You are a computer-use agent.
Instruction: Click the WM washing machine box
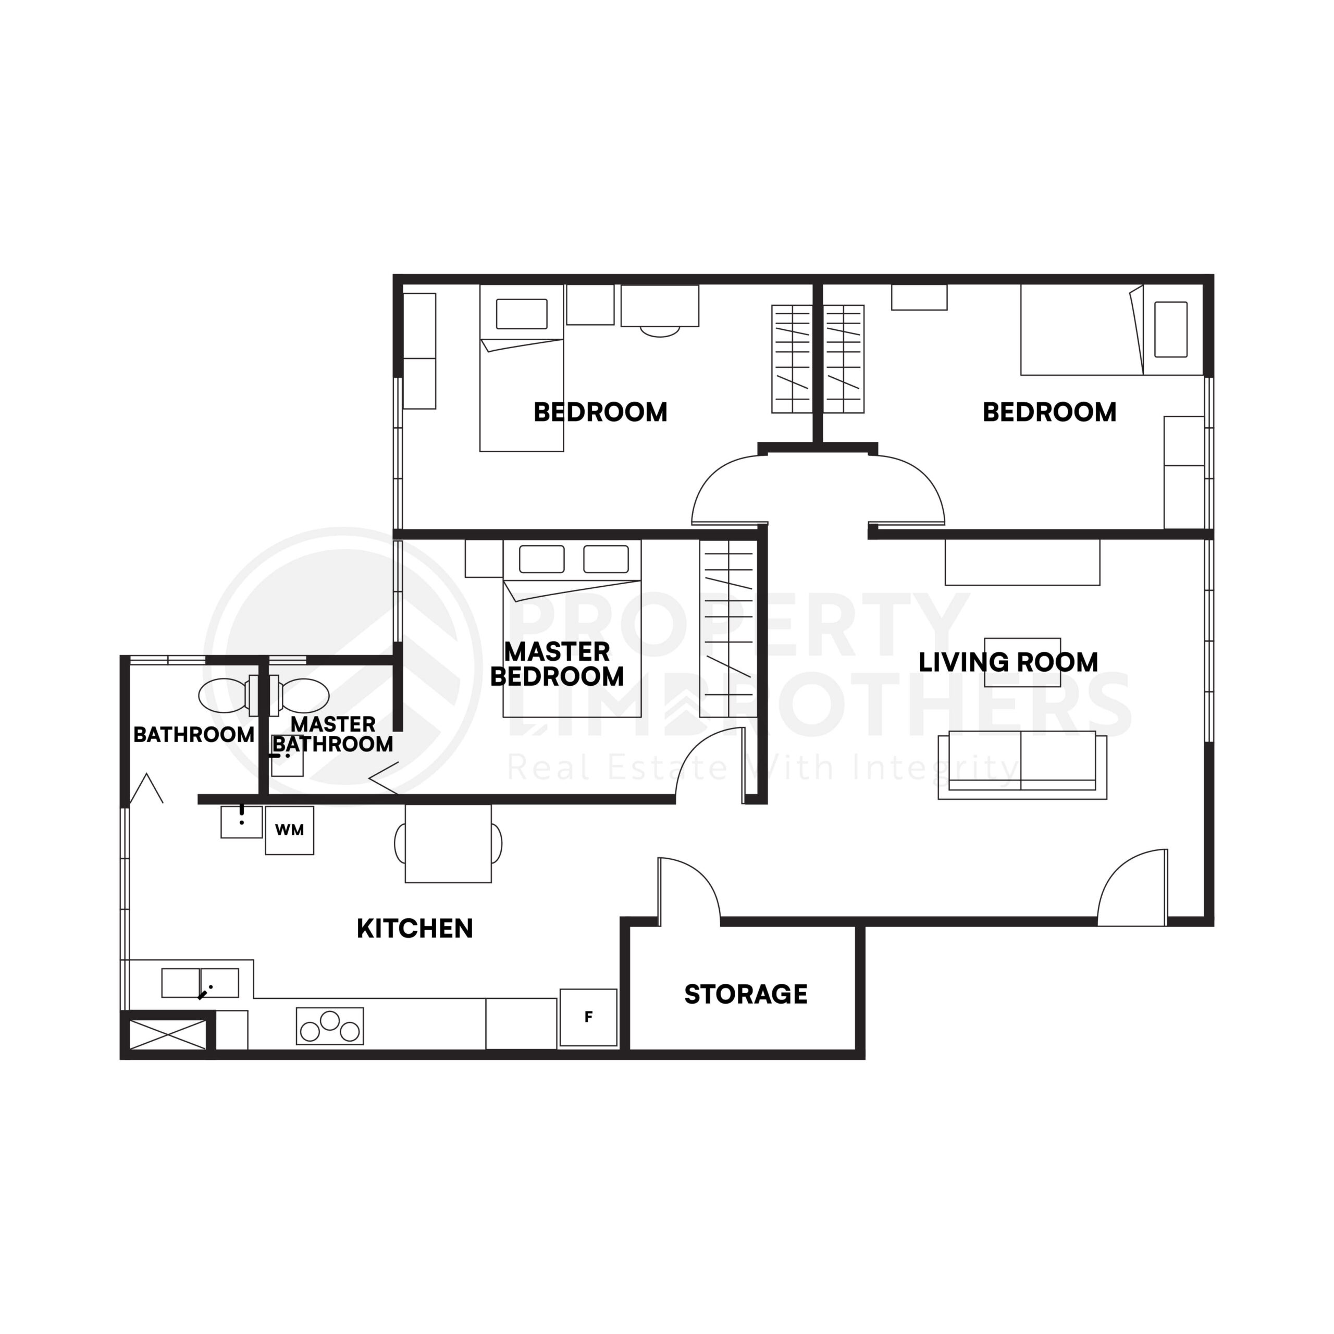(x=289, y=831)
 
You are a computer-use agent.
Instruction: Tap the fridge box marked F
(x=588, y=1017)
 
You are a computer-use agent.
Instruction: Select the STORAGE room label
(x=746, y=994)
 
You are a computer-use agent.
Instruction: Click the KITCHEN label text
(x=415, y=929)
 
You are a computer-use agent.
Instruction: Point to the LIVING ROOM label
(x=1008, y=662)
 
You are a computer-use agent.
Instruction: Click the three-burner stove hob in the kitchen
(x=330, y=1026)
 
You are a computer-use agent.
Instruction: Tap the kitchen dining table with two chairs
(x=448, y=843)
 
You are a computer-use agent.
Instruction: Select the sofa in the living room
(x=1022, y=765)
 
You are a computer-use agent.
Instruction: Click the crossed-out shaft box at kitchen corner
(x=168, y=1034)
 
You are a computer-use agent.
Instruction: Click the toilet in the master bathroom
(x=302, y=695)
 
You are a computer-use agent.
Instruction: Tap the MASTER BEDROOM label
(x=557, y=664)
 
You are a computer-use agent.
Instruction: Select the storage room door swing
(x=688, y=891)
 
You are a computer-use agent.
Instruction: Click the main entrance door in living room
(x=1133, y=891)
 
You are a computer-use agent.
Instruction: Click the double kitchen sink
(x=200, y=983)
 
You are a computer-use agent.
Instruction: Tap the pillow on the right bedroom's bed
(x=1171, y=329)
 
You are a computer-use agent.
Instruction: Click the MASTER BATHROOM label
(x=333, y=735)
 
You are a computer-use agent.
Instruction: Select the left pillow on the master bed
(x=542, y=559)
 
